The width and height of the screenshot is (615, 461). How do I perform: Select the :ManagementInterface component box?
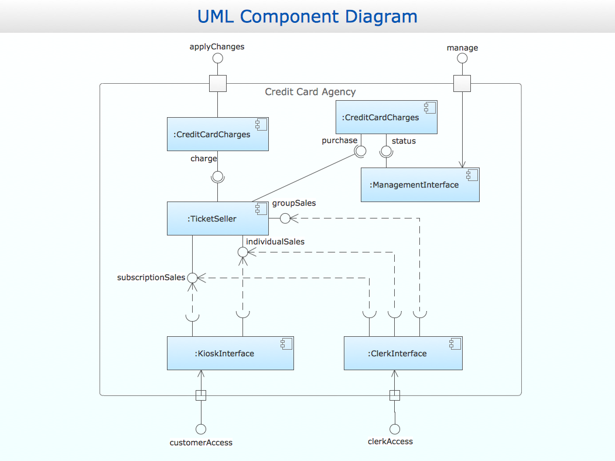click(x=419, y=185)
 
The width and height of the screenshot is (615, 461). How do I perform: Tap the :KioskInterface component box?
click(x=230, y=353)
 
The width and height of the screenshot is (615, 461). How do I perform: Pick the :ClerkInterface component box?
click(x=403, y=353)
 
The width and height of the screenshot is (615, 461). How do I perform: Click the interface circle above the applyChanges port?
click(x=218, y=58)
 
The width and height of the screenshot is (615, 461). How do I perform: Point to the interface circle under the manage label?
click(x=462, y=59)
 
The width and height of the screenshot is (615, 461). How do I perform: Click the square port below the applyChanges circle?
click(x=218, y=84)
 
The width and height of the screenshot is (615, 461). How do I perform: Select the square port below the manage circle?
click(x=462, y=84)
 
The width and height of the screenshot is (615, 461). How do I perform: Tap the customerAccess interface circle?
click(x=201, y=429)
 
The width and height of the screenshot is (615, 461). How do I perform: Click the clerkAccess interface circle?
click(x=395, y=429)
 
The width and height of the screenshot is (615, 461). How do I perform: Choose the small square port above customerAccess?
click(x=201, y=395)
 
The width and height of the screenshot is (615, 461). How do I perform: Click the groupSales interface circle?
click(x=285, y=218)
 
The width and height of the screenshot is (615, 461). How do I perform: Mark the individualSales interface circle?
click(x=242, y=252)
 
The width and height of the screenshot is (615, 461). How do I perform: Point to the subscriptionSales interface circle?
click(x=192, y=278)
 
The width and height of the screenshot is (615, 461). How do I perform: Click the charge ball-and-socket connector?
click(x=218, y=176)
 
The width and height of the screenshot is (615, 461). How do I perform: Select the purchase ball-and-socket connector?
click(x=360, y=151)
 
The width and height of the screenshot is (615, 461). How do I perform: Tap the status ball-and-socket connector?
click(x=386, y=151)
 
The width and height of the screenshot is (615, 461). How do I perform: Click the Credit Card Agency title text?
click(x=310, y=92)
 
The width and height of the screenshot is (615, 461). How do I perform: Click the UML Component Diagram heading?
click(x=307, y=16)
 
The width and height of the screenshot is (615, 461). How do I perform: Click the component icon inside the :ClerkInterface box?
click(x=454, y=344)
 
